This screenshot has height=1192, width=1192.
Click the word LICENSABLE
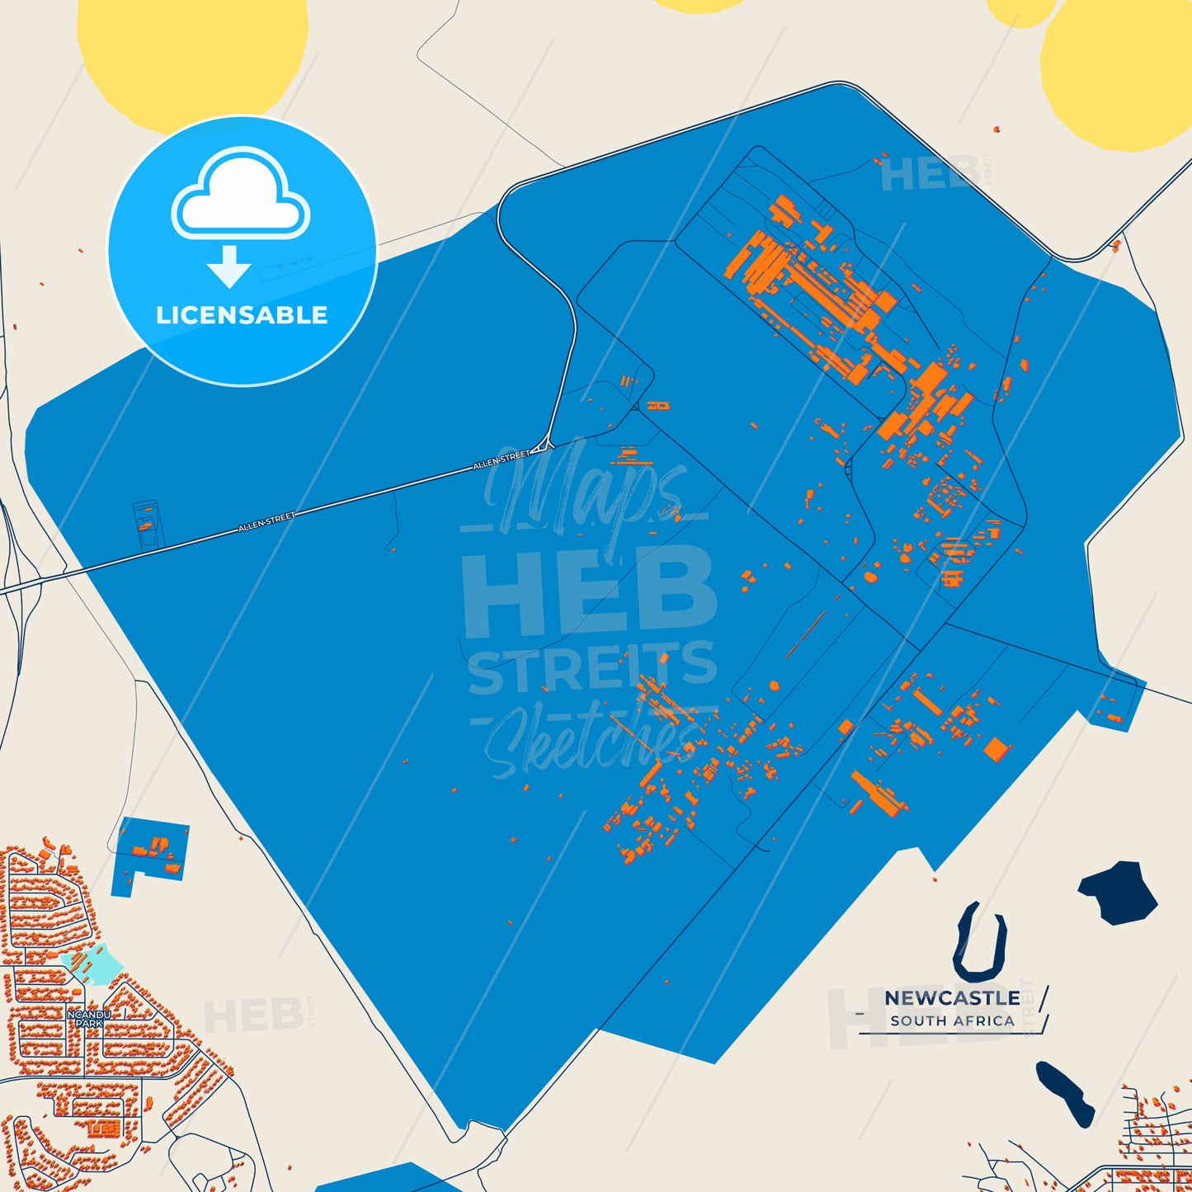pyautogui.click(x=242, y=315)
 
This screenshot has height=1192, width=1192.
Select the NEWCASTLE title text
pyautogui.click(x=952, y=998)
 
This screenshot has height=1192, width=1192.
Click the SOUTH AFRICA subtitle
pyautogui.click(x=952, y=1021)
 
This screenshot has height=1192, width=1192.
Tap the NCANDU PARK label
pyautogui.click(x=88, y=1018)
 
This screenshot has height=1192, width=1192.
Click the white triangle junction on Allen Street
pyautogui.click(x=540, y=448)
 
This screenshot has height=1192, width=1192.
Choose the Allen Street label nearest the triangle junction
pyautogui.click(x=502, y=460)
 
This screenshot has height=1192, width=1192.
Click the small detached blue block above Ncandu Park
pyautogui.click(x=150, y=850)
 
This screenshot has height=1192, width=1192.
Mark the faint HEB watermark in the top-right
pyautogui.click(x=931, y=174)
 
